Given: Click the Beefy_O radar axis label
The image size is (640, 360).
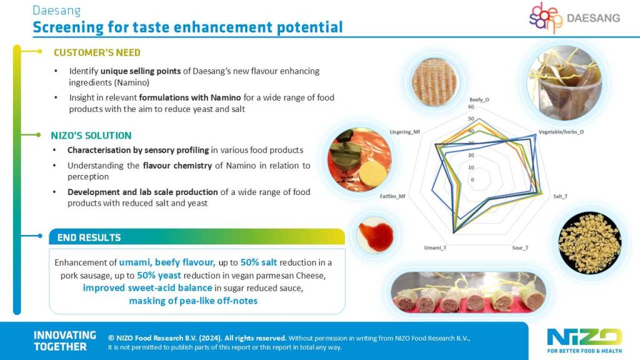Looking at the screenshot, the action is tap(479, 99).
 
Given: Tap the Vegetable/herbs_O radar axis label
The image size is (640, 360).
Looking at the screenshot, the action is tap(561, 132).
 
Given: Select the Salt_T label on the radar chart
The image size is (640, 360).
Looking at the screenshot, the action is tap(561, 196).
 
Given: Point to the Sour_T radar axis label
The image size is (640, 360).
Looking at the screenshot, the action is tap(521, 247).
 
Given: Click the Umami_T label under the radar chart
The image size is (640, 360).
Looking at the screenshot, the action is tap(435, 247).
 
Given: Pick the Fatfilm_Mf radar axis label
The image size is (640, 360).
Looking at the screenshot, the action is tap(392, 196).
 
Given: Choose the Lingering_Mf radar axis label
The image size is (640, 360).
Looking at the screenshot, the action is tap(405, 132).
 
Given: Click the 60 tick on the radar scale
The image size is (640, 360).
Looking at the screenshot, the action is tap(471, 107).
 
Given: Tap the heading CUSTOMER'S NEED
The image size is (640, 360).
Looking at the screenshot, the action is tap(97, 52).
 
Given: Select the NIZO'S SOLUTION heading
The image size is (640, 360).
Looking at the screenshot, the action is tap(91, 136).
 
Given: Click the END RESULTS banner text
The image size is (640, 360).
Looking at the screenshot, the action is tap(89, 237).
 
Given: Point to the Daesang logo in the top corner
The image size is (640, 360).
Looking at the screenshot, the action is tap(575, 17).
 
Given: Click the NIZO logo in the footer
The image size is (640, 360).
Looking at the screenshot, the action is tap(584, 341).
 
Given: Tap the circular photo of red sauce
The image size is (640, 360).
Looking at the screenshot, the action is tap(375, 236).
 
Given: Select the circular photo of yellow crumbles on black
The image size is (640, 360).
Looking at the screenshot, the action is tap(590, 237).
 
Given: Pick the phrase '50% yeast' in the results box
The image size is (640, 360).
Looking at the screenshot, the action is tap(159, 276).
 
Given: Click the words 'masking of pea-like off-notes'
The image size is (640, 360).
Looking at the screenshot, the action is tap(193, 301).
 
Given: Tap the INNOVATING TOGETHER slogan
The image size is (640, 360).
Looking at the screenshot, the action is tap(64, 341).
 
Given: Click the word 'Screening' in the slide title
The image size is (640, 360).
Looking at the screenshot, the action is tap(68, 27).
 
